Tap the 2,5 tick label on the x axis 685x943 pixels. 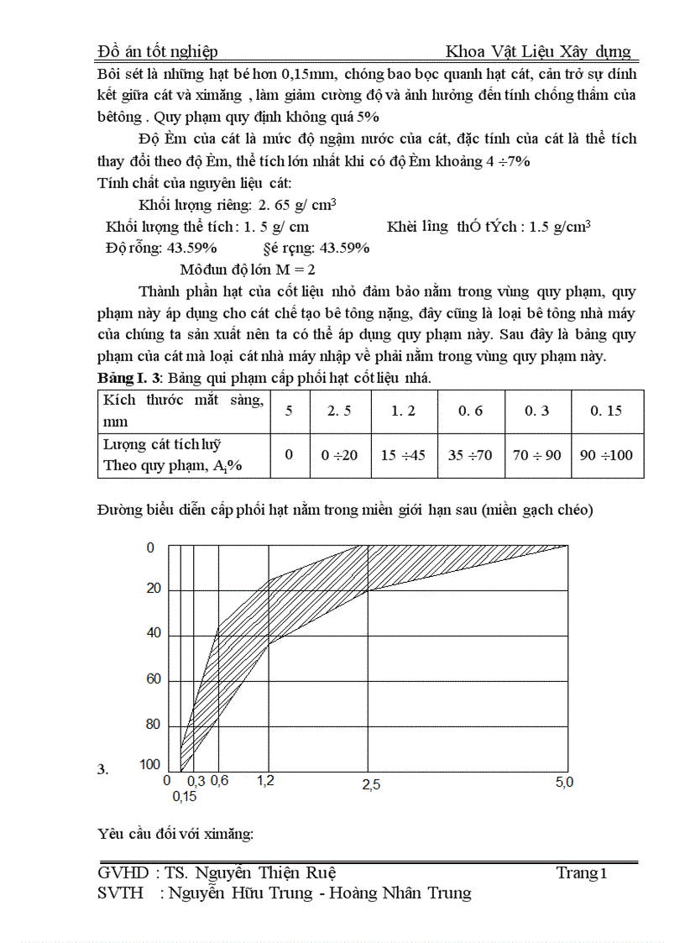(x=370, y=784)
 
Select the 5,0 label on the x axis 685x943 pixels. (x=564, y=783)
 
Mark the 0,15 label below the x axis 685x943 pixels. (x=185, y=796)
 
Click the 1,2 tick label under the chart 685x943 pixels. (x=265, y=781)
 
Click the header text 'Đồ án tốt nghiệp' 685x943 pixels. (x=158, y=52)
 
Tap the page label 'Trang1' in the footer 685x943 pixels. (x=581, y=873)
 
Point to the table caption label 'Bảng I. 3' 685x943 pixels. (x=127, y=379)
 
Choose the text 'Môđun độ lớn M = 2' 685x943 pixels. (x=247, y=270)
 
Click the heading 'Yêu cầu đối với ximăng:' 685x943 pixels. (x=175, y=834)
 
